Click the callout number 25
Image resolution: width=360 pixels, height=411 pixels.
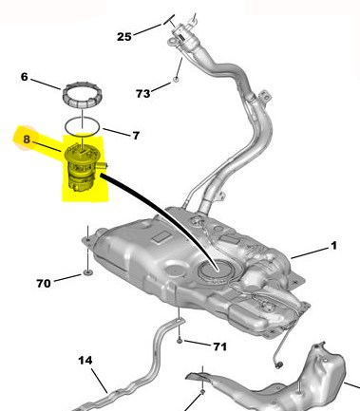pyautogui.click(x=124, y=37)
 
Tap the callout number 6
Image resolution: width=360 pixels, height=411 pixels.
pyautogui.click(x=25, y=77)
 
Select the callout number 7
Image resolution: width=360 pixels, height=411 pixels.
pyautogui.click(x=136, y=136)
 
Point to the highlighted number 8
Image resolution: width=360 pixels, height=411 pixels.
pyautogui.click(x=27, y=139)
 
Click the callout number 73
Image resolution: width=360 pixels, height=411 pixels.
pyautogui.click(x=143, y=94)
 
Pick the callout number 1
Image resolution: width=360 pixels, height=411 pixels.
pyautogui.click(x=333, y=246)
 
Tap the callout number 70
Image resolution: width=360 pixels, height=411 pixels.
pyautogui.click(x=44, y=283)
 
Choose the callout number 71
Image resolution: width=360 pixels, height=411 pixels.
pyautogui.click(x=220, y=346)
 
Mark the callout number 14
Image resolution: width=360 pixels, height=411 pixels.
pyautogui.click(x=85, y=360)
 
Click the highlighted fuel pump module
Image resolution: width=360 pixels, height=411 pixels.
pyautogui.click(x=83, y=168)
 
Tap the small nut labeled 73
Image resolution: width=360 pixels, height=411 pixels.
pyautogui.click(x=177, y=79)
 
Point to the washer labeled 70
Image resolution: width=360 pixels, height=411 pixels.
pyautogui.click(x=87, y=271)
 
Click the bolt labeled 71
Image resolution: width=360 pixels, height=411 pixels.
pyautogui.click(x=180, y=341)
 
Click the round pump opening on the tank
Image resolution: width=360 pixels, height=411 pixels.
pyautogui.click(x=215, y=270)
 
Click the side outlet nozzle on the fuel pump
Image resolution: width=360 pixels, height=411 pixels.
pyautogui.click(x=103, y=165)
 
